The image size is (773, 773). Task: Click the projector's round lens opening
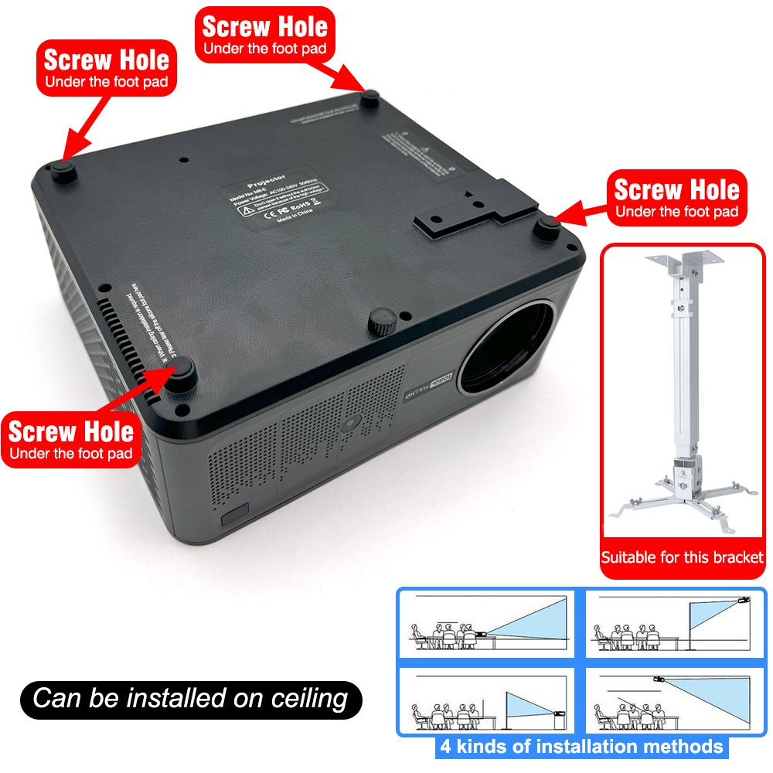(507, 345)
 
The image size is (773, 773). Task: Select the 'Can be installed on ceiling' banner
(190, 700)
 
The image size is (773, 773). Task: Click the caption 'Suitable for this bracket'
(683, 557)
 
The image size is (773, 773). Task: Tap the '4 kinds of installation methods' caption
(581, 747)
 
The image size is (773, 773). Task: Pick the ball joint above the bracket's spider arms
(684, 473)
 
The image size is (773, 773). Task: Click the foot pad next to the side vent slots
(185, 377)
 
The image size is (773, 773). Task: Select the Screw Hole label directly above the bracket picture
(676, 197)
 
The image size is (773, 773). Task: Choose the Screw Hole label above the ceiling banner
(71, 439)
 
